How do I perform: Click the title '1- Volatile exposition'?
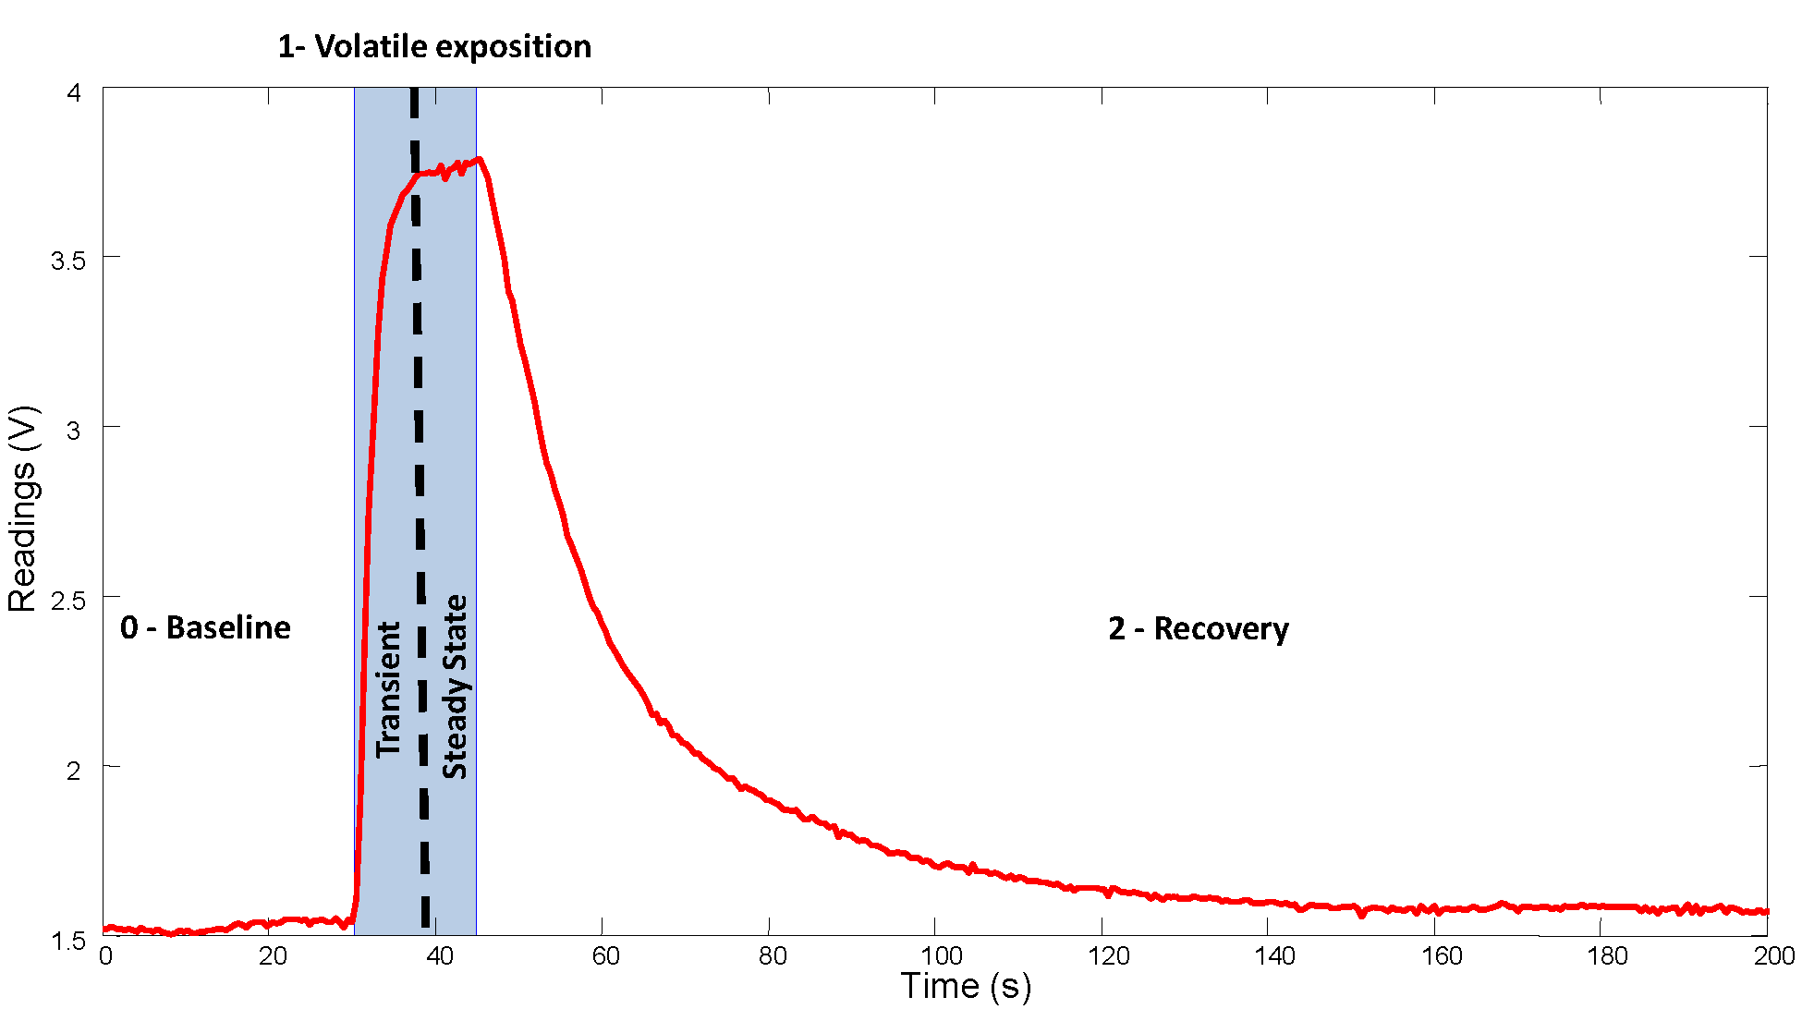pyautogui.click(x=434, y=46)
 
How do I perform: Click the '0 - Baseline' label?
pyautogui.click(x=205, y=628)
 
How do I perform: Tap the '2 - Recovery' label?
pyautogui.click(x=1198, y=629)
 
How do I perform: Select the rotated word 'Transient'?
pyautogui.click(x=389, y=689)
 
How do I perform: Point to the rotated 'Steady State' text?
pyautogui.click(x=455, y=687)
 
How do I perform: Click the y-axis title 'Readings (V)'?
pyautogui.click(x=22, y=509)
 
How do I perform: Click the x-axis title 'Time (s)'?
pyautogui.click(x=966, y=986)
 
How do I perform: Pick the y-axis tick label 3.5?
pyautogui.click(x=67, y=261)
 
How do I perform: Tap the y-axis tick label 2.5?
pyautogui.click(x=67, y=601)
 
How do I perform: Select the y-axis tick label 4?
pyautogui.click(x=74, y=92)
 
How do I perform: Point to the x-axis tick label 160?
pyautogui.click(x=1442, y=956)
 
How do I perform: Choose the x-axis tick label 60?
pyautogui.click(x=605, y=956)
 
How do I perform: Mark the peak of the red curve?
pyautogui.click(x=479, y=159)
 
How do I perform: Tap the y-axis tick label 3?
pyautogui.click(x=74, y=431)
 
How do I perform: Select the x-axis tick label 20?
pyautogui.click(x=273, y=956)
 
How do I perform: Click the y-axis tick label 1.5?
pyautogui.click(x=67, y=942)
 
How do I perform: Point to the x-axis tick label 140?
pyautogui.click(x=1275, y=956)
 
